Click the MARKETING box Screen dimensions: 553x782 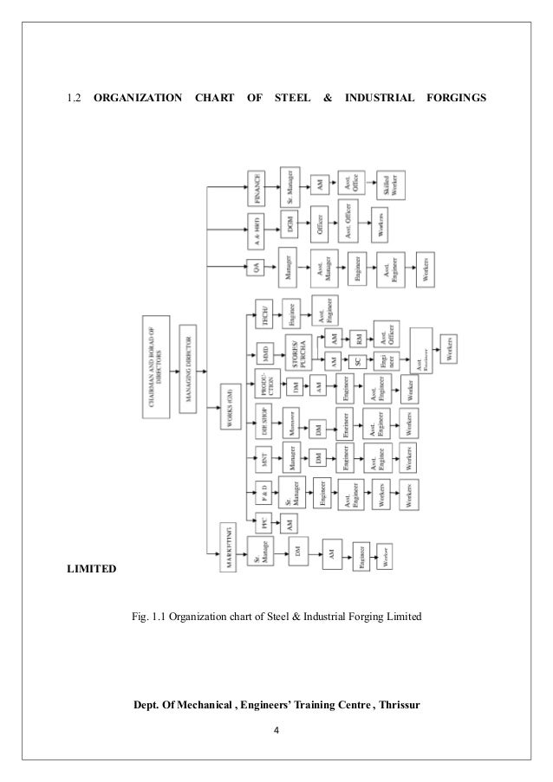(x=229, y=543)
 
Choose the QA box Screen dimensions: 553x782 (x=257, y=268)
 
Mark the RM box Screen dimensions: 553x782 (x=356, y=335)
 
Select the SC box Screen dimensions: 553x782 (x=356, y=359)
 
